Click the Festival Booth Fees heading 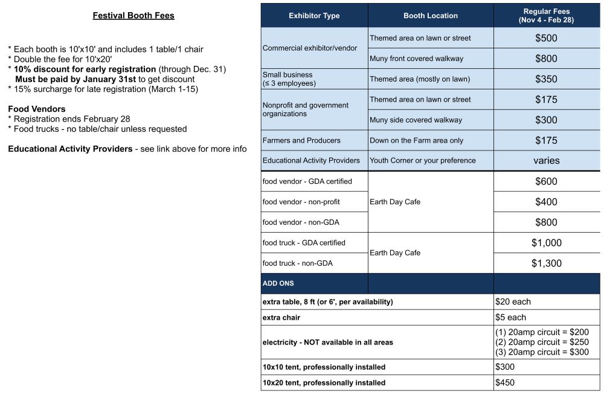point(133,16)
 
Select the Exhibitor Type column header point(314,16)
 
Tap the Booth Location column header point(431,16)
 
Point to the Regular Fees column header point(547,16)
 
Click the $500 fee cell point(547,38)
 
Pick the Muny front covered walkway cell point(417,59)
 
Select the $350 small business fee point(547,79)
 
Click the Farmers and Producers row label point(301,140)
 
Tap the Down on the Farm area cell point(417,140)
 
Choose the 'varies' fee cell point(547,161)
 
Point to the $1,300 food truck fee point(547,263)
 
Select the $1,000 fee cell point(547,243)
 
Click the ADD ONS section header point(278,283)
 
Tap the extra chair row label point(281,317)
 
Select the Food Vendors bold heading point(37,109)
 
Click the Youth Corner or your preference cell point(423,161)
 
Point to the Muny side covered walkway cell point(416,120)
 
